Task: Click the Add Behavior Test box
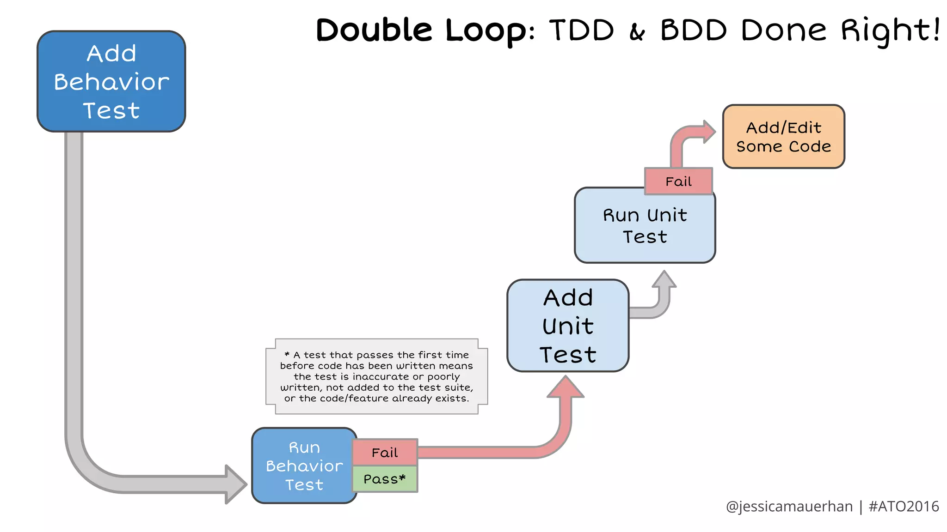point(111,81)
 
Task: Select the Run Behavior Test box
point(304,465)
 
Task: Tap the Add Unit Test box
point(567,326)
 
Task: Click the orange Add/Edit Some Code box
point(783,137)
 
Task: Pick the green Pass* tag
point(385,479)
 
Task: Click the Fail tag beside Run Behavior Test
point(385,453)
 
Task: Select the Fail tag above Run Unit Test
point(678,181)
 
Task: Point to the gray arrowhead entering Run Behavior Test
point(236,484)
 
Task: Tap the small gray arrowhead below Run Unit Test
point(664,280)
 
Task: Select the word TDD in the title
point(582,30)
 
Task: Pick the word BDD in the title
point(694,30)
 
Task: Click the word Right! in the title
point(890,30)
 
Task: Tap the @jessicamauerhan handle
point(789,507)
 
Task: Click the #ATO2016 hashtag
point(904,507)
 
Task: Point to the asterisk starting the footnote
point(287,354)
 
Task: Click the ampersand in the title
point(637,32)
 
